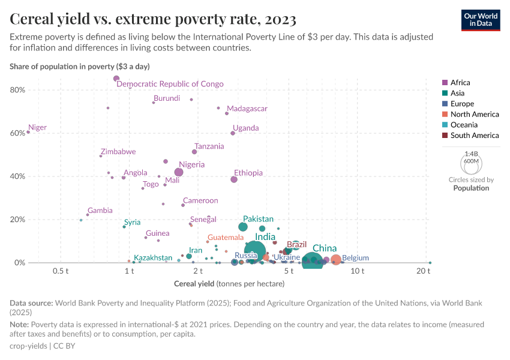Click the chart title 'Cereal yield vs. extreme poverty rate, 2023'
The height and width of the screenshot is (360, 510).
153,20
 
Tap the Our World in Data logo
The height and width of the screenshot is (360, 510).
480,19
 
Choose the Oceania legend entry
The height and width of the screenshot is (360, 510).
464,125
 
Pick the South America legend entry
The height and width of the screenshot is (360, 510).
474,136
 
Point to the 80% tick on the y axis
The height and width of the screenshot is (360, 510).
17,90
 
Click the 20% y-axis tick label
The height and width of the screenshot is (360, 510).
17,220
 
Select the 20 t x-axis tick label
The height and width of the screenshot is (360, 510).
424,272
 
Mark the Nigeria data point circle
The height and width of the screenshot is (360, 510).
179,172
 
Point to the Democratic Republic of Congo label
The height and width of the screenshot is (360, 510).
170,84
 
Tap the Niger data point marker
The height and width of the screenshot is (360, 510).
28,132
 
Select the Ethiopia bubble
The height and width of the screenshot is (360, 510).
234,179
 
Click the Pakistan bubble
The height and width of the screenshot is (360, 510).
243,227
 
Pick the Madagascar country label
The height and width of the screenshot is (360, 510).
247,109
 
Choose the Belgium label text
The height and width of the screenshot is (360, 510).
355,258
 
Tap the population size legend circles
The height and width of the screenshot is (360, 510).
471,162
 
